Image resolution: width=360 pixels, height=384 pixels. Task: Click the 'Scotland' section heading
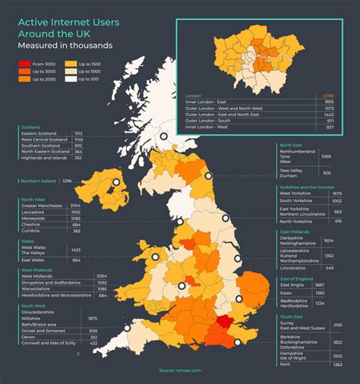[x=30, y=127]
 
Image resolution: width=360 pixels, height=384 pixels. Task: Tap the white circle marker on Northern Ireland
[x=116, y=182]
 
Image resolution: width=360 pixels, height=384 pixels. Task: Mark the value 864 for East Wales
[x=76, y=260]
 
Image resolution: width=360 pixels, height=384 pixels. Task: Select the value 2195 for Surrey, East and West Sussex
[x=336, y=325]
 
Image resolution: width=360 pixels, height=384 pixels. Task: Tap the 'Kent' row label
[x=286, y=364]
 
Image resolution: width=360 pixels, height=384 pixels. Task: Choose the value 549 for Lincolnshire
[x=330, y=268]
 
